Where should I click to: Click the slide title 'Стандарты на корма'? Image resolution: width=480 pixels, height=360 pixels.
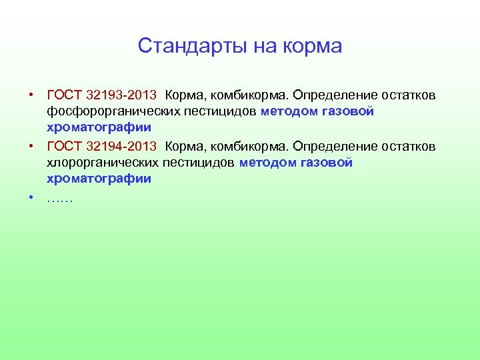(x=239, y=46)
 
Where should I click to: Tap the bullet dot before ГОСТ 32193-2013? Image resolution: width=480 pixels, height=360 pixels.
(x=31, y=95)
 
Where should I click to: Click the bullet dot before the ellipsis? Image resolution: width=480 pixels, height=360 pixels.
(x=31, y=198)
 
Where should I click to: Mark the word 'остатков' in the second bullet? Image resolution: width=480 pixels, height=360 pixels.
(x=413, y=146)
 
